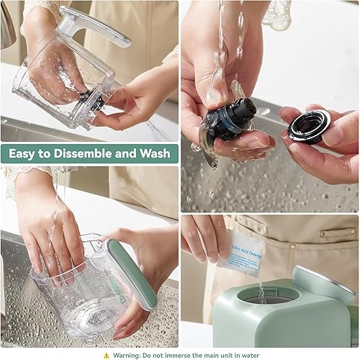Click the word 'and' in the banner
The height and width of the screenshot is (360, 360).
(x=124, y=153)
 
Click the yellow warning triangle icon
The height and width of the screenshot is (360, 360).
(x=107, y=354)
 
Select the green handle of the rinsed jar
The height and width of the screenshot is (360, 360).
(x=130, y=274)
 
